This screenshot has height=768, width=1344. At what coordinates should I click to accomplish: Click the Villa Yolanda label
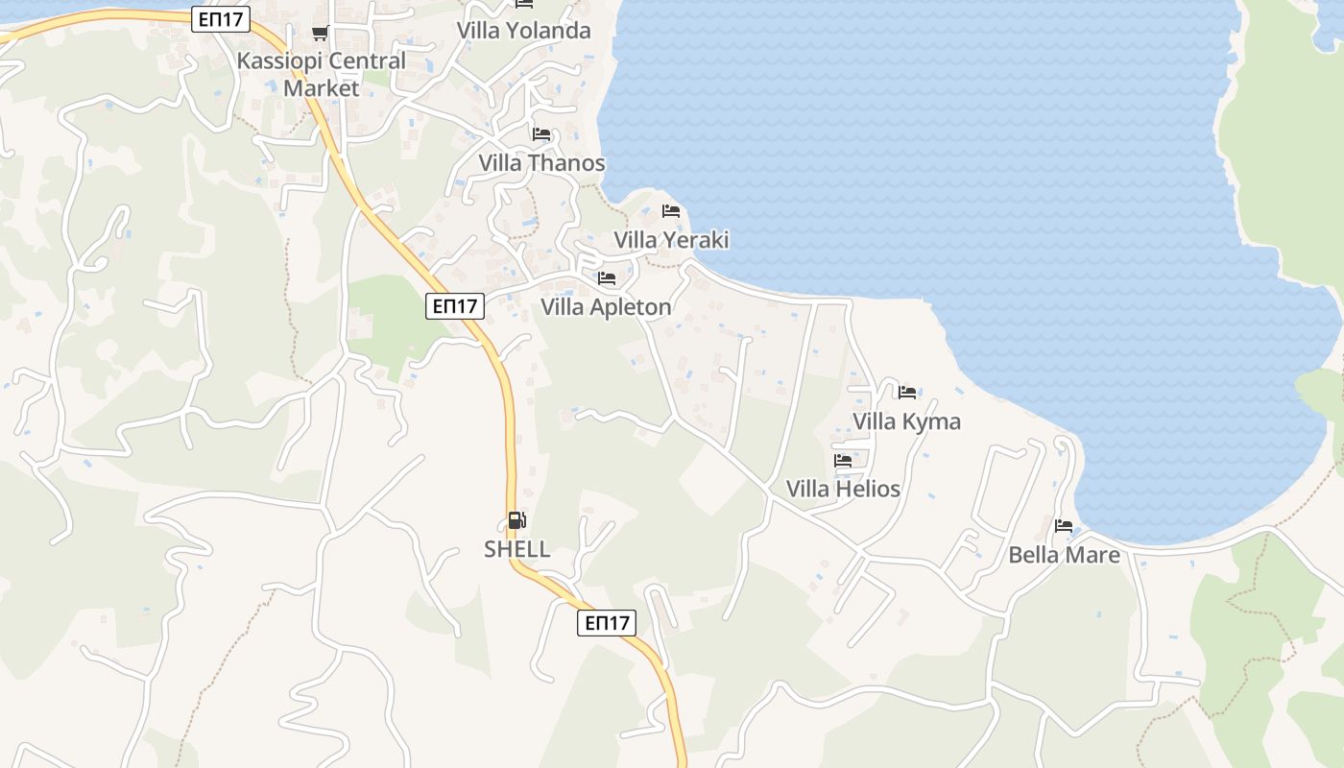523,31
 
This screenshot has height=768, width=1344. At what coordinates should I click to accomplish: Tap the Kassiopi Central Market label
322,74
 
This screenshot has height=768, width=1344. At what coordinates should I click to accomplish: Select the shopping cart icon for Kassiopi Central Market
320,34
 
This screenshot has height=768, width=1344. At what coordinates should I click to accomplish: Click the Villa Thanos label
542,163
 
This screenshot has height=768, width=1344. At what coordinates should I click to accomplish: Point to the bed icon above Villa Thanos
541,134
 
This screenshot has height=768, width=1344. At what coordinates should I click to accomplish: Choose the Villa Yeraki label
671,240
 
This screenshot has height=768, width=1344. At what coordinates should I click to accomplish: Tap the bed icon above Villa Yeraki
671,211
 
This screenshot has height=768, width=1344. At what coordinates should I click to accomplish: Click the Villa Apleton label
606,307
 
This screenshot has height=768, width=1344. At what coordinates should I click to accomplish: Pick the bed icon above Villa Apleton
607,278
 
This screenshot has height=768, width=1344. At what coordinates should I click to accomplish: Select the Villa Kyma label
906,421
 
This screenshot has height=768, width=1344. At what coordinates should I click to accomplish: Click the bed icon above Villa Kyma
907,392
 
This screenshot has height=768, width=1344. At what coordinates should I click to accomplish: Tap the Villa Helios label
843,489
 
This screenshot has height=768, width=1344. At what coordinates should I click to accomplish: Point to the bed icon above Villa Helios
843,461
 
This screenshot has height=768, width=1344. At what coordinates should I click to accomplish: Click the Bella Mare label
1064,555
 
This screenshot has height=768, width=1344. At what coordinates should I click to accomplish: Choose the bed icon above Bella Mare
1064,526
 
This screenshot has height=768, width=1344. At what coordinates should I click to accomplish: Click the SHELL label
516,549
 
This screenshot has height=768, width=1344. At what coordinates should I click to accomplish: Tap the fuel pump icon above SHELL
516,520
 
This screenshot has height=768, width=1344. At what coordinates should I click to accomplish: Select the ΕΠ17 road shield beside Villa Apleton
455,306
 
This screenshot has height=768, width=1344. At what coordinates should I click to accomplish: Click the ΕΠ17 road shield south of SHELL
608,623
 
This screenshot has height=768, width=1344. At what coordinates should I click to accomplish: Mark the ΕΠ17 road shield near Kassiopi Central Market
221,19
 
